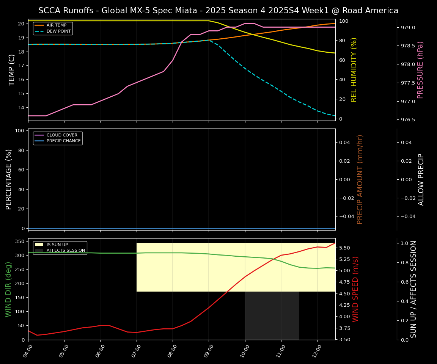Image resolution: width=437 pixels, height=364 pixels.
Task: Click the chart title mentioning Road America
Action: point(218,11)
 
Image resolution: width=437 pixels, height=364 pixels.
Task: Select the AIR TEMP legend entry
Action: point(56,25)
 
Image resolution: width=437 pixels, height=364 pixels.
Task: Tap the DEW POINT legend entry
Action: point(58,31)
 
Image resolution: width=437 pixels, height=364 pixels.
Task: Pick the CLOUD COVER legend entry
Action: point(62,135)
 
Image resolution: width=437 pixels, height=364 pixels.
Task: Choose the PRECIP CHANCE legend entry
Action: point(63,141)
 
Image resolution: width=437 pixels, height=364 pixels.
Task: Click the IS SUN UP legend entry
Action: point(57,245)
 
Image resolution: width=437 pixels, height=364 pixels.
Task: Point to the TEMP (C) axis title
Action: point(12,70)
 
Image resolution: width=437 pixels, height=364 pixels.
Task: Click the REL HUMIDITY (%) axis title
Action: point(354,70)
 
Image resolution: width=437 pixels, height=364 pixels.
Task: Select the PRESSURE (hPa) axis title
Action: point(420,70)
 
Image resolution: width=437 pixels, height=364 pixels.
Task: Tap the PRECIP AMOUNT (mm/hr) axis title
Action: point(360,179)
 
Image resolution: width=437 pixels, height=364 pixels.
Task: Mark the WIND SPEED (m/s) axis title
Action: point(355,289)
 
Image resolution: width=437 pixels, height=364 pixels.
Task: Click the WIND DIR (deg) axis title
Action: point(8,289)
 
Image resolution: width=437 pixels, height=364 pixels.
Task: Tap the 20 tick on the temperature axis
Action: point(21,24)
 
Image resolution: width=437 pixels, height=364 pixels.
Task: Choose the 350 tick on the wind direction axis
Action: point(20,241)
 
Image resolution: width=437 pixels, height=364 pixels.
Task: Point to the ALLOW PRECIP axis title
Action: point(421,179)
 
